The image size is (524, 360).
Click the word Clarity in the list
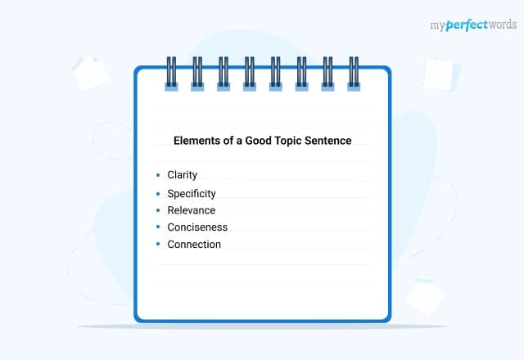[x=182, y=175]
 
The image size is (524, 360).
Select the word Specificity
[x=191, y=194]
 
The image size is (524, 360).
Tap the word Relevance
[x=191, y=210]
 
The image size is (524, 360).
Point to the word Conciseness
[x=197, y=227]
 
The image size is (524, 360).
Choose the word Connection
[x=194, y=245]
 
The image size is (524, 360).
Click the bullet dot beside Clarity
[x=158, y=175]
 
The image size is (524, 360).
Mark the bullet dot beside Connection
[x=158, y=245]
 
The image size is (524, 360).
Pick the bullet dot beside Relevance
[x=158, y=210]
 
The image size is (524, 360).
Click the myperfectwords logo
[x=473, y=25]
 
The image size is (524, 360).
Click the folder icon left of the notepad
[x=90, y=73]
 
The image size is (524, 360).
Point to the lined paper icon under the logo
[x=442, y=74]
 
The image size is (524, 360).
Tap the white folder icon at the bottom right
[x=425, y=296]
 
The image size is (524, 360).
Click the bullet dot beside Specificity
[x=158, y=194]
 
